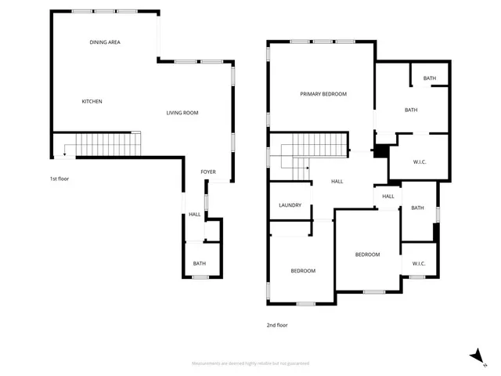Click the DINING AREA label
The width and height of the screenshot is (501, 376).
point(104,42)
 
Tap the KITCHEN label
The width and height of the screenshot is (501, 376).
point(92,102)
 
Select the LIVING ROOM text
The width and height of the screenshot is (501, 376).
point(182,113)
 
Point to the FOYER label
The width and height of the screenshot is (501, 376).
point(208,172)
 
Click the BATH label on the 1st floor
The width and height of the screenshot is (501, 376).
point(200,263)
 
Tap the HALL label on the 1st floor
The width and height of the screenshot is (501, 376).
point(194,215)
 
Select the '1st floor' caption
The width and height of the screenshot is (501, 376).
point(59,179)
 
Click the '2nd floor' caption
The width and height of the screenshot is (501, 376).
point(277,324)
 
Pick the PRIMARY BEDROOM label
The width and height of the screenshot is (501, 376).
point(323,94)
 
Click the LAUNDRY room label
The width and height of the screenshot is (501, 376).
point(290,205)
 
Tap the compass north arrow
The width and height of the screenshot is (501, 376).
point(476,356)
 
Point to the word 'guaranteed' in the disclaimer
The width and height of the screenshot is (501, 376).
point(296,363)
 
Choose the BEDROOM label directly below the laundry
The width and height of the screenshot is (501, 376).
point(303,271)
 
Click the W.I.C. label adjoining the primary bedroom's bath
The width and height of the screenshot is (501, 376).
point(419,161)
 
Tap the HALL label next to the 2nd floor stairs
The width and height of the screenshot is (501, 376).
point(337,182)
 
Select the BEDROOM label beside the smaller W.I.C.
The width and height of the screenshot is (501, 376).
point(367,255)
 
